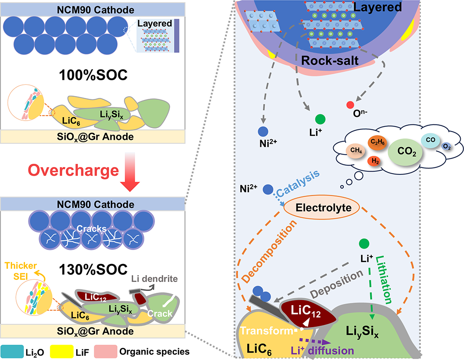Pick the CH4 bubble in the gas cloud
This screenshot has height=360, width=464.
[356, 150]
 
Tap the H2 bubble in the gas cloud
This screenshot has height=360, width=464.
[375, 161]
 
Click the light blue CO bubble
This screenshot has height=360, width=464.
[428, 138]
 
